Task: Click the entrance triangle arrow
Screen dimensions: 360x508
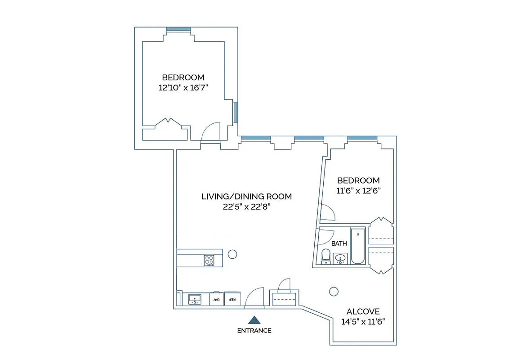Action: tap(254, 320)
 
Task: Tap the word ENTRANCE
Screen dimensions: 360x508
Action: tap(254, 331)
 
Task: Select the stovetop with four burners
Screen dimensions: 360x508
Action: tap(209, 260)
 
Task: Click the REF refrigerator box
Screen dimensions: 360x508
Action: tap(232, 299)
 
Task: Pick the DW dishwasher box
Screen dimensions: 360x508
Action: tap(216, 299)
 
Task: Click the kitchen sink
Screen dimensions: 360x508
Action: tap(195, 299)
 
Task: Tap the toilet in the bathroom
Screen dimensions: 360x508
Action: tap(325, 256)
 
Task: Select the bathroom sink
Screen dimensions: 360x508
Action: tap(340, 259)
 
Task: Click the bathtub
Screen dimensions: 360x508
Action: tap(358, 246)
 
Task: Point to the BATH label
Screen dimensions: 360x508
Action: tap(339, 243)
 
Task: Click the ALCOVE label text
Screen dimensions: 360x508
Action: tap(363, 311)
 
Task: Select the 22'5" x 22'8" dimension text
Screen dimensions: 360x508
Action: tap(246, 207)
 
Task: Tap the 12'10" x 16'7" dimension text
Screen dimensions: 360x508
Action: tap(183, 88)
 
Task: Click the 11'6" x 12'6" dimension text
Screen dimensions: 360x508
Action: tap(358, 190)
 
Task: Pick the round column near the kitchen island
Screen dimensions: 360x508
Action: tap(232, 254)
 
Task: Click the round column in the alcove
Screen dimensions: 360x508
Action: tap(334, 292)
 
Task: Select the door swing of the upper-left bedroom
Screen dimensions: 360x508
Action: tap(210, 132)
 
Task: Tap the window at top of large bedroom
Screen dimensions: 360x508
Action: tap(179, 30)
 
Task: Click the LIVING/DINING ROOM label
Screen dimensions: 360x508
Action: tap(246, 197)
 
